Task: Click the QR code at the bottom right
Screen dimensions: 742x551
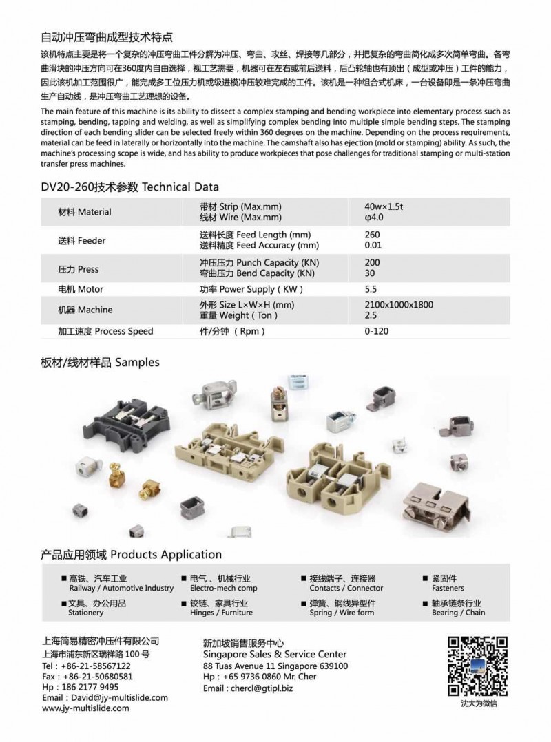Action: [479, 666]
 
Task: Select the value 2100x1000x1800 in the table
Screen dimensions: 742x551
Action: [399, 305]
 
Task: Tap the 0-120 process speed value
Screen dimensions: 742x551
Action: [376, 331]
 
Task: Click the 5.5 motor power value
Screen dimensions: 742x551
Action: [371, 289]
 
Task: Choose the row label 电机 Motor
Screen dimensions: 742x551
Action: [81, 289]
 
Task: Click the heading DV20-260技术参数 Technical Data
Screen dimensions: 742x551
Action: [130, 187]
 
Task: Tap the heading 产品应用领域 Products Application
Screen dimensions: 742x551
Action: [132, 554]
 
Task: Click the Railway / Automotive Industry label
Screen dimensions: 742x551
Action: [121, 589]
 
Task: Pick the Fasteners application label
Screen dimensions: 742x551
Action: [448, 589]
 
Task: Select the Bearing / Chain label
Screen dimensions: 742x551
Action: [458, 613]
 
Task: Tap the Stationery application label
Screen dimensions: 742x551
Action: [86, 613]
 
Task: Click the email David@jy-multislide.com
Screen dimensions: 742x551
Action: [105, 697]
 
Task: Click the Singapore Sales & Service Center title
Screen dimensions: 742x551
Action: [275, 654]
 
